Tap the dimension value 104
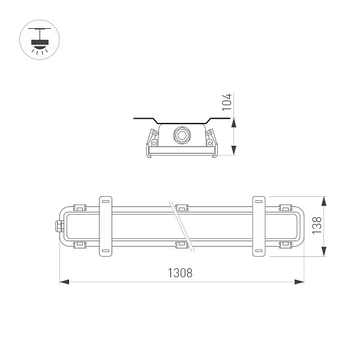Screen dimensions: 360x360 tap(226, 103)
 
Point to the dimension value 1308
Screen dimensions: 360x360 tap(179, 273)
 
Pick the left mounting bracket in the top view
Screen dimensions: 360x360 tap(106, 226)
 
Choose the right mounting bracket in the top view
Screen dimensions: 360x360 tap(259, 226)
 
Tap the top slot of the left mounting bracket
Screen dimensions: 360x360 tap(106, 201)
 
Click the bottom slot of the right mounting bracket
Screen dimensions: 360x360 tap(259, 250)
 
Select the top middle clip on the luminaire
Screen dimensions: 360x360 tap(182, 208)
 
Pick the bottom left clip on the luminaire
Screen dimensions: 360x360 tap(79, 244)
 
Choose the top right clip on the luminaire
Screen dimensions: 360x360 tap(285, 208)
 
